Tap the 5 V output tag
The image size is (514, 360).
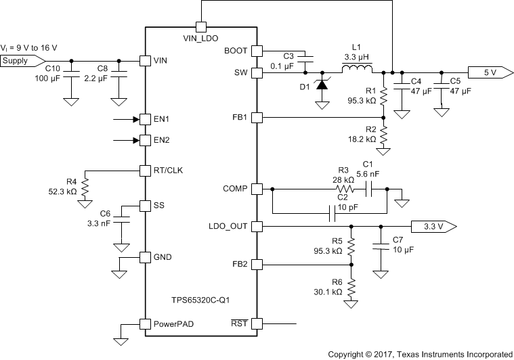click(x=486, y=71)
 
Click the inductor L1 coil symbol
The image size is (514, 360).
click(x=356, y=70)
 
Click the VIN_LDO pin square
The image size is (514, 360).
click(x=200, y=27)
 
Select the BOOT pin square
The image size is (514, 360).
click(x=257, y=50)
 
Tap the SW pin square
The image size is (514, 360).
click(x=257, y=71)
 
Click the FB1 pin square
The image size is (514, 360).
click(x=257, y=117)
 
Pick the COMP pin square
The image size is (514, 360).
click(x=257, y=188)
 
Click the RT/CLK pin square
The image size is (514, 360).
click(x=144, y=170)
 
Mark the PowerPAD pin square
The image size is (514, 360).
click(x=144, y=323)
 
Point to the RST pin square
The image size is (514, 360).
click(x=257, y=323)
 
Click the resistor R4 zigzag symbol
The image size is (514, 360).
click(x=85, y=185)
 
